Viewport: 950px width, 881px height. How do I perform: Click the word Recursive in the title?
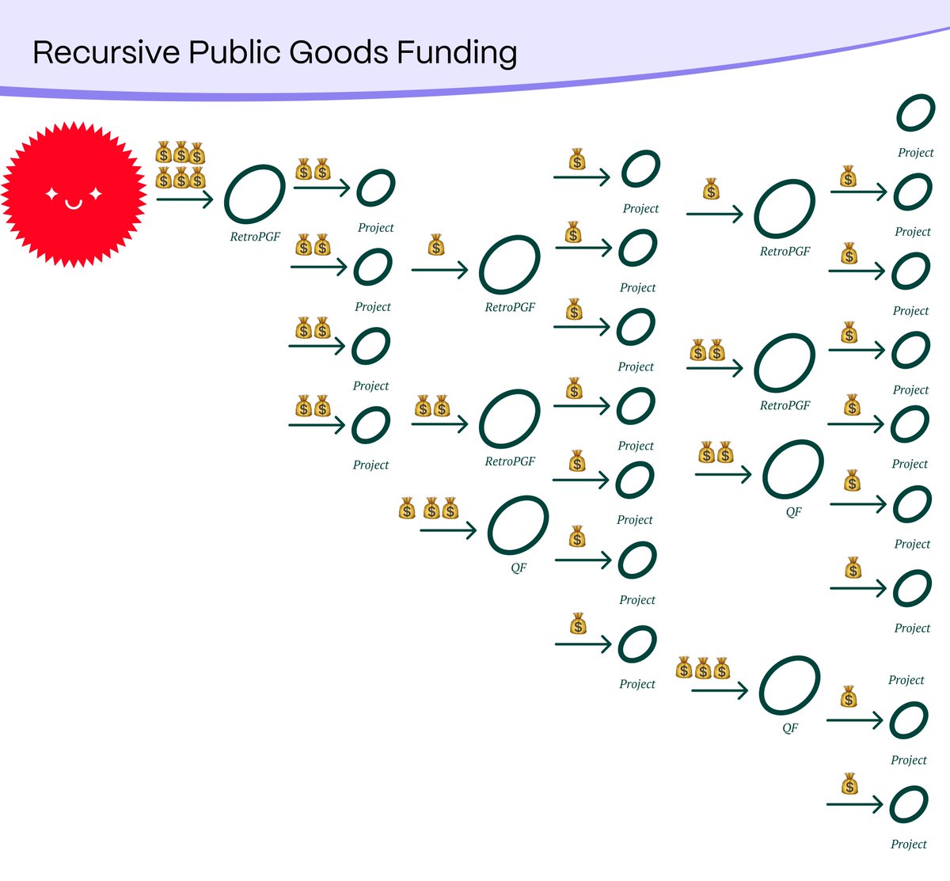(x=106, y=53)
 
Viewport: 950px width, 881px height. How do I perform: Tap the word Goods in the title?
(x=338, y=53)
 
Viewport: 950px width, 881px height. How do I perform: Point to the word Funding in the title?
(x=457, y=53)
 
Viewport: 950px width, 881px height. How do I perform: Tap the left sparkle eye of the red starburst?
(x=51, y=193)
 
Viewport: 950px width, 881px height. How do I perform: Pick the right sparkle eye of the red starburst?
(x=96, y=193)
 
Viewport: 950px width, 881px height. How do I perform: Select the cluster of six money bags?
(x=180, y=165)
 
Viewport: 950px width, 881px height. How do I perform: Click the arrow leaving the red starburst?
(x=185, y=198)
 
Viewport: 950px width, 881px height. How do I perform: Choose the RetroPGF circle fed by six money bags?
(x=254, y=194)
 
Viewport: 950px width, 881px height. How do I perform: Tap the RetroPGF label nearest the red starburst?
(x=255, y=237)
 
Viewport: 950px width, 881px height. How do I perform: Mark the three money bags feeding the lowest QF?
(x=703, y=670)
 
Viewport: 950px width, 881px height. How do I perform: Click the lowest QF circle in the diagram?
(x=789, y=685)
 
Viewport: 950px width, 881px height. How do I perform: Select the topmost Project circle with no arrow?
(x=916, y=112)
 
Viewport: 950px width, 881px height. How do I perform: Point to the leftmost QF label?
(x=519, y=568)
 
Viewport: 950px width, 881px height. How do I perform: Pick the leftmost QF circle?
(x=518, y=525)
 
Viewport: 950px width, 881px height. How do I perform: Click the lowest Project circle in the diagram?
(x=909, y=805)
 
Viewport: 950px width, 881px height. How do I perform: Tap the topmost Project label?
(x=916, y=153)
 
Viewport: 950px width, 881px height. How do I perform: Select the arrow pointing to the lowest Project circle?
(x=854, y=805)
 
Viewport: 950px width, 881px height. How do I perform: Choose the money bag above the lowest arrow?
(x=849, y=784)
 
